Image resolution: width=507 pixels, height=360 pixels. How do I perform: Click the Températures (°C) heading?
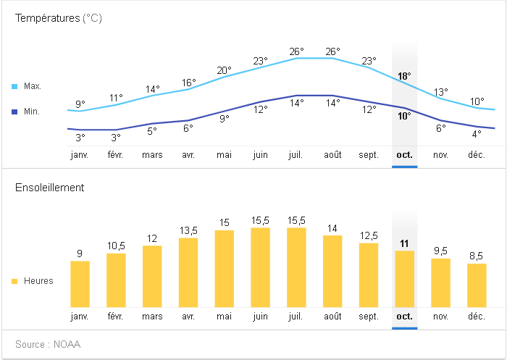point(59,18)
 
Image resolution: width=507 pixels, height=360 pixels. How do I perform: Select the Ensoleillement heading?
point(50,188)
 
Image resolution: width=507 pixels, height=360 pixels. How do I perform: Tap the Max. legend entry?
point(32,86)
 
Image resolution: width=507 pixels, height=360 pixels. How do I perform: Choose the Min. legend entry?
point(32,112)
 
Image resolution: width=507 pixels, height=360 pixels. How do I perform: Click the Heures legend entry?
point(38,281)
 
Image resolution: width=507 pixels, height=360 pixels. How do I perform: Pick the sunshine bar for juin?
point(260,267)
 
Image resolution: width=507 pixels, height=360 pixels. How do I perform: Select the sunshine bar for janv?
point(80,284)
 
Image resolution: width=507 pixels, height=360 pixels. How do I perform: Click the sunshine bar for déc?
point(477,285)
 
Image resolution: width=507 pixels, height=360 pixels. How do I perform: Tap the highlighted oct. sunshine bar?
point(404,279)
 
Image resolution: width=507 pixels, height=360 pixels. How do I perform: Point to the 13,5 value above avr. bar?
point(188,230)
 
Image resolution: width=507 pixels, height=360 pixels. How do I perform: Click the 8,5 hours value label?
point(477,256)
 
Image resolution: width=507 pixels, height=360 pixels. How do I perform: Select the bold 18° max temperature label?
point(404,76)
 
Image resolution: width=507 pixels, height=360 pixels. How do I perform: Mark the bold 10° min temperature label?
point(404,116)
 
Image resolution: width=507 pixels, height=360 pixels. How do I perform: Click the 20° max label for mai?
point(224,70)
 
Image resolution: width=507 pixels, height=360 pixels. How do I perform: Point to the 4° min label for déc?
point(477,134)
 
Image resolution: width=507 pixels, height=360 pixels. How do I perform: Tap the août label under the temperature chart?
point(332,155)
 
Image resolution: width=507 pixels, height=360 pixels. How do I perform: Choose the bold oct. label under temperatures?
point(404,155)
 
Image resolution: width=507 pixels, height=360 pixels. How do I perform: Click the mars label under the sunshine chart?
point(152,317)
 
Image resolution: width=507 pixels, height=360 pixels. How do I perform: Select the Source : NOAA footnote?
point(48,344)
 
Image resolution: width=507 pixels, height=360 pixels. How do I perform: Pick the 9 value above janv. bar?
point(80,254)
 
